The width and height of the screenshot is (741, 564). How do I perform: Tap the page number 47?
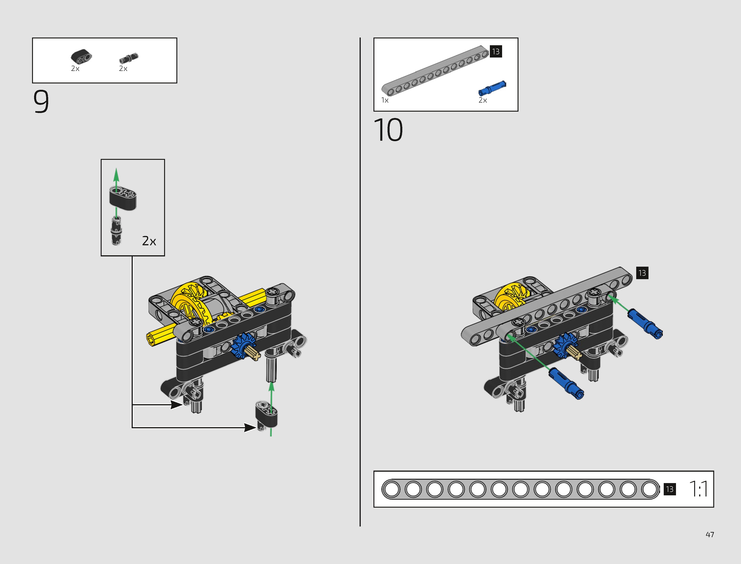[710, 534]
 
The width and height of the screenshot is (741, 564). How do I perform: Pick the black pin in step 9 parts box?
[128, 58]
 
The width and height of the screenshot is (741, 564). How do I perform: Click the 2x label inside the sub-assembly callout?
[149, 241]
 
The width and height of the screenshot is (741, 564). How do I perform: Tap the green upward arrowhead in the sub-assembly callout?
[116, 175]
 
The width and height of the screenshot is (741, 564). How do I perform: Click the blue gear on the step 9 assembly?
[243, 345]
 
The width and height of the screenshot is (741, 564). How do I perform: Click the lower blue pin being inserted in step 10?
[566, 383]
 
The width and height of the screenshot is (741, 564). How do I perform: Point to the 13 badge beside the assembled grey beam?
[642, 273]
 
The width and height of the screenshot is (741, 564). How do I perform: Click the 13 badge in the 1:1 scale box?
[670, 489]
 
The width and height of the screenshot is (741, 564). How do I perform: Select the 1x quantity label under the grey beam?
[385, 100]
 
